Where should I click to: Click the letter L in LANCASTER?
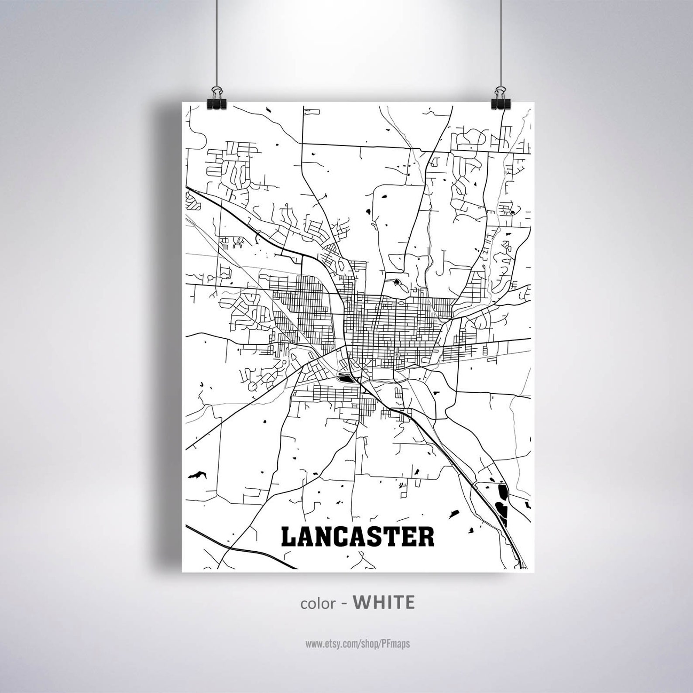coord(290,537)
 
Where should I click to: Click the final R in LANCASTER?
coord(426,537)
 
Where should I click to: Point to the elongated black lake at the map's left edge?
coord(197,475)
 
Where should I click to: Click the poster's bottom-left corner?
coord(182,571)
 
